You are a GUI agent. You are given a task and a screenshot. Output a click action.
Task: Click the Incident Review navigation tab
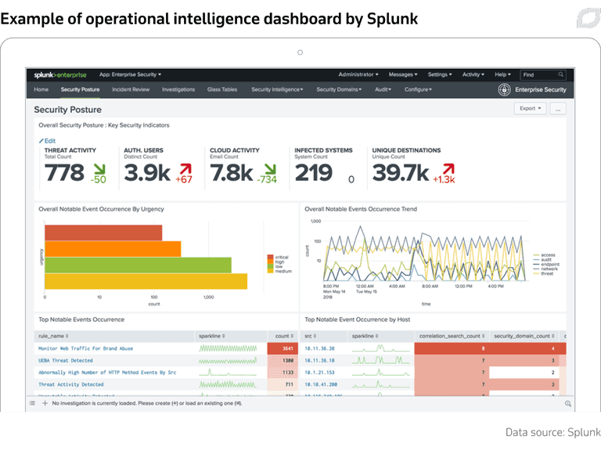tap(131, 90)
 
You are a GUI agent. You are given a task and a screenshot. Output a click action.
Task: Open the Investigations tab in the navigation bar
tap(178, 90)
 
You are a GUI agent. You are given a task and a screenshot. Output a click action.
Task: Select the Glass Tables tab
tap(222, 90)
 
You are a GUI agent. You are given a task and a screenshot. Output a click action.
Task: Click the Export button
tap(531, 109)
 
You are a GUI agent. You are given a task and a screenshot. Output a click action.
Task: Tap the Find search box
tap(543, 75)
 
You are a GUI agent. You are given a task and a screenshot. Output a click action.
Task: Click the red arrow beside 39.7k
tap(448, 168)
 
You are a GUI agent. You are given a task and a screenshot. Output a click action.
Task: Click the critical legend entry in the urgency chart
tap(279, 257)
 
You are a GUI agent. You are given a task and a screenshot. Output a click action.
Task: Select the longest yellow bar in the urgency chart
tap(146, 281)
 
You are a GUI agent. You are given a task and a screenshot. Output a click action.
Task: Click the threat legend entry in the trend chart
tap(545, 274)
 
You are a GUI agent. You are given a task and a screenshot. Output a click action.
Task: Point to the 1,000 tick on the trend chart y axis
tap(316, 221)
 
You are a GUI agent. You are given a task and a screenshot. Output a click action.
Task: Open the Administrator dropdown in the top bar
tap(358, 75)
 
